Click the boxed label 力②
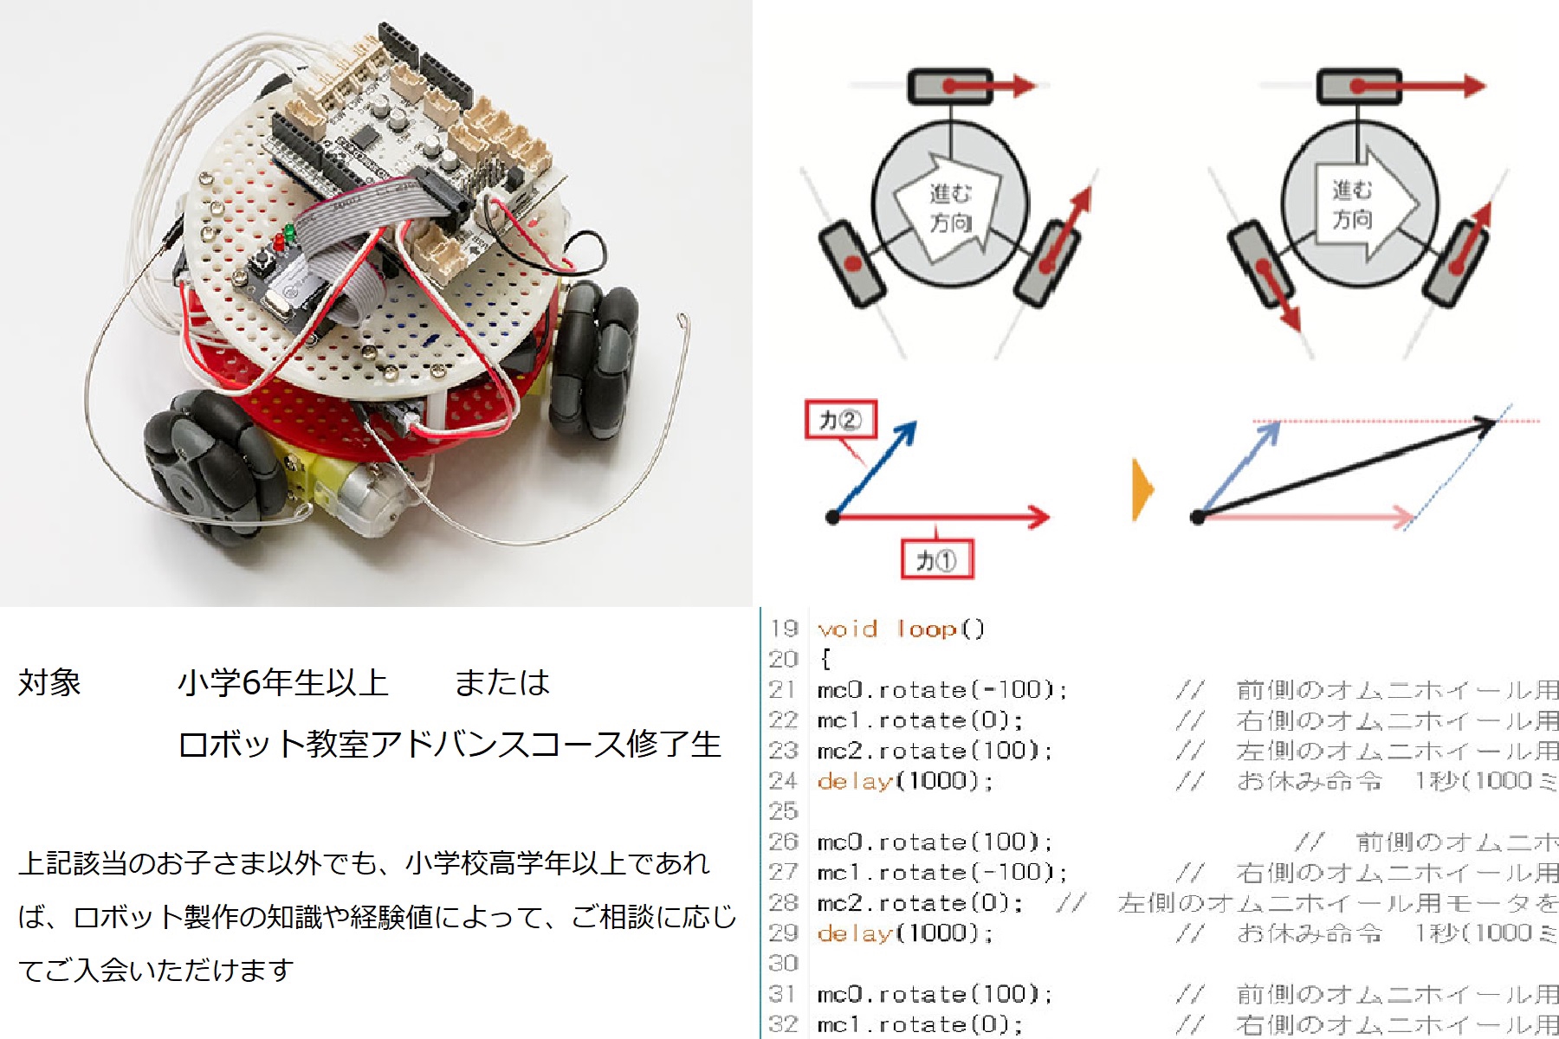point(840,420)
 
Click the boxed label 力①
point(936,559)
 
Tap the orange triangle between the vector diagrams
point(1142,489)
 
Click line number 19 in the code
point(783,629)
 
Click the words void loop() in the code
point(901,629)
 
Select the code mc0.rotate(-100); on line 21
point(941,690)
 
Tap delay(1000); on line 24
point(904,781)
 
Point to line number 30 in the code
point(783,964)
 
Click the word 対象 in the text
point(49,682)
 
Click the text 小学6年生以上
point(282,682)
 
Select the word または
point(502,682)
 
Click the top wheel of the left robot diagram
point(950,87)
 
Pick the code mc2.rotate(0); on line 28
point(919,903)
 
